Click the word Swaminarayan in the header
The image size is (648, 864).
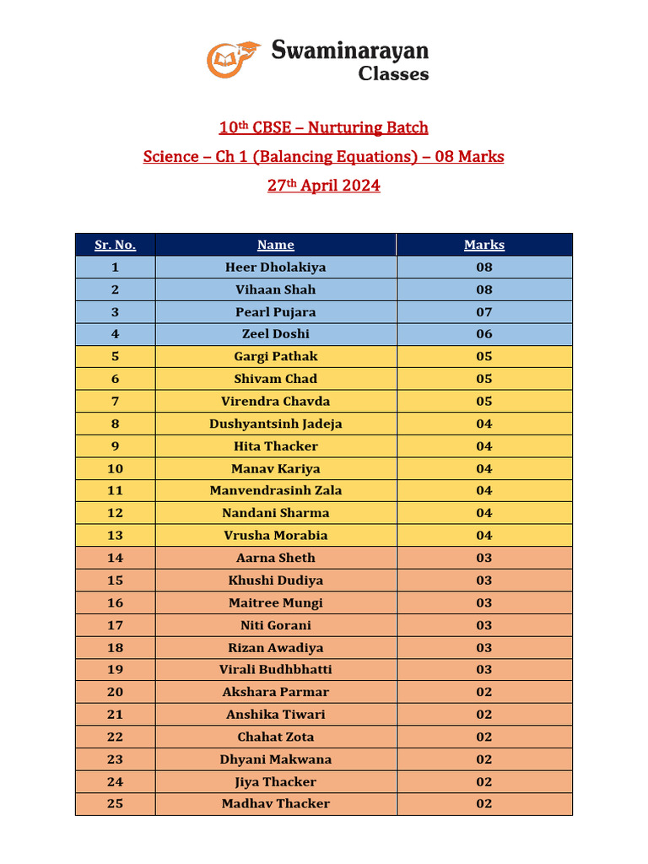tap(349, 51)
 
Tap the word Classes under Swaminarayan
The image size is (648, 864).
tap(393, 74)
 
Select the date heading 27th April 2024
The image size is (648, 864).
tap(324, 186)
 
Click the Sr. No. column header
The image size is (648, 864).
tap(115, 245)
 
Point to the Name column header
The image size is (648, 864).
tap(276, 245)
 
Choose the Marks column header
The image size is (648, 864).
tap(484, 245)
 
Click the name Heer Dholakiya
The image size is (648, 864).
tap(276, 267)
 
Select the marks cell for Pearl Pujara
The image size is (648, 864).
tap(484, 312)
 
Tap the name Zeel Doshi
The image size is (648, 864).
tap(276, 334)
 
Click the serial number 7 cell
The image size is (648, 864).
tap(115, 401)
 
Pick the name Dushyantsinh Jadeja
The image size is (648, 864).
tap(276, 424)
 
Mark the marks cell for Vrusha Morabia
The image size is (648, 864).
tap(484, 535)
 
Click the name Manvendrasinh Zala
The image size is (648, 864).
tap(276, 490)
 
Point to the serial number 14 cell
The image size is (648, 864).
tap(115, 558)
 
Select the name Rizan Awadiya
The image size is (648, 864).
tap(276, 647)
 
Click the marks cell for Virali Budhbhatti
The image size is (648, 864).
tap(484, 669)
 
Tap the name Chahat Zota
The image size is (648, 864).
tap(276, 737)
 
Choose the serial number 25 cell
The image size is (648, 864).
tap(115, 803)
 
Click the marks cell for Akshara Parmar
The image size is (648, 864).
tap(484, 692)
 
